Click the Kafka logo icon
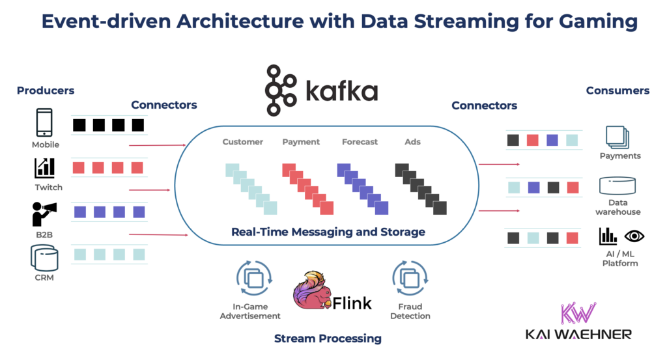281,90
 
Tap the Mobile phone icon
45,123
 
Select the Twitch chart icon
45,167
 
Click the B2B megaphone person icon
44,214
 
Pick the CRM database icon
44,258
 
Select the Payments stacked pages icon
617,137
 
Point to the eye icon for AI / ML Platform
634,236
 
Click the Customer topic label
242,142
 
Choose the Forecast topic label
360,142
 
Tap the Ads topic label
412,142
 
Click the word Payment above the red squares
301,142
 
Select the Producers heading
46,91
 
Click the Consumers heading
617,91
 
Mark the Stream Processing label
328,339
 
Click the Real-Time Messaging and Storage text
328,232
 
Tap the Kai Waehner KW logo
578,312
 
